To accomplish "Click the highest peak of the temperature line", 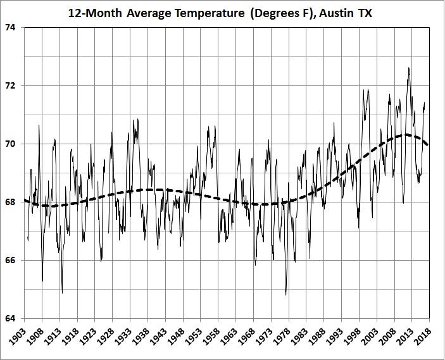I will [x=409, y=68].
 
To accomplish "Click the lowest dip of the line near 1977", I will [x=286, y=294].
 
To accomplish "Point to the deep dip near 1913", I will [x=62, y=292].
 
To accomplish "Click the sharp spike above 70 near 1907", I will [x=39, y=125].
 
